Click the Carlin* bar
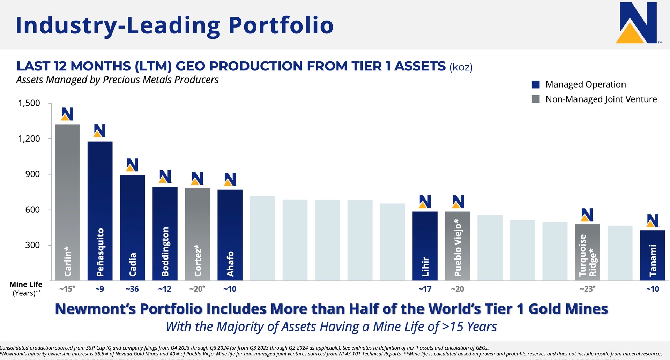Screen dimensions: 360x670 point(67,202)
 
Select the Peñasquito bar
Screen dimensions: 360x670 point(100,211)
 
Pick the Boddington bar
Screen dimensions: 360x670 point(165,233)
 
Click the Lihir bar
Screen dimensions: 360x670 point(425,246)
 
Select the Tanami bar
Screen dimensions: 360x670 point(652,255)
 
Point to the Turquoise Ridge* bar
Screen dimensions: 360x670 point(587,252)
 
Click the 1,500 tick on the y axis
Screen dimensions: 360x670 point(29,103)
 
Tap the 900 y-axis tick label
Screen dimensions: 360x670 point(32,174)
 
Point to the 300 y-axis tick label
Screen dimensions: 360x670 point(32,245)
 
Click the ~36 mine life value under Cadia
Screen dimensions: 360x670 point(132,289)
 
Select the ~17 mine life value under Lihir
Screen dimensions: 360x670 point(425,289)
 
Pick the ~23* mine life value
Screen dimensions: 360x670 point(587,289)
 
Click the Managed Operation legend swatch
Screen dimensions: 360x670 point(536,84)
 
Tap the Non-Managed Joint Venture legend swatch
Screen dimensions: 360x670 point(536,99)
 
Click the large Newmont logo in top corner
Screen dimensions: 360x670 point(637,23)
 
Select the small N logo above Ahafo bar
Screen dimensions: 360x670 point(230,179)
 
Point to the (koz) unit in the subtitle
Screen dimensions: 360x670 point(461,67)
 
